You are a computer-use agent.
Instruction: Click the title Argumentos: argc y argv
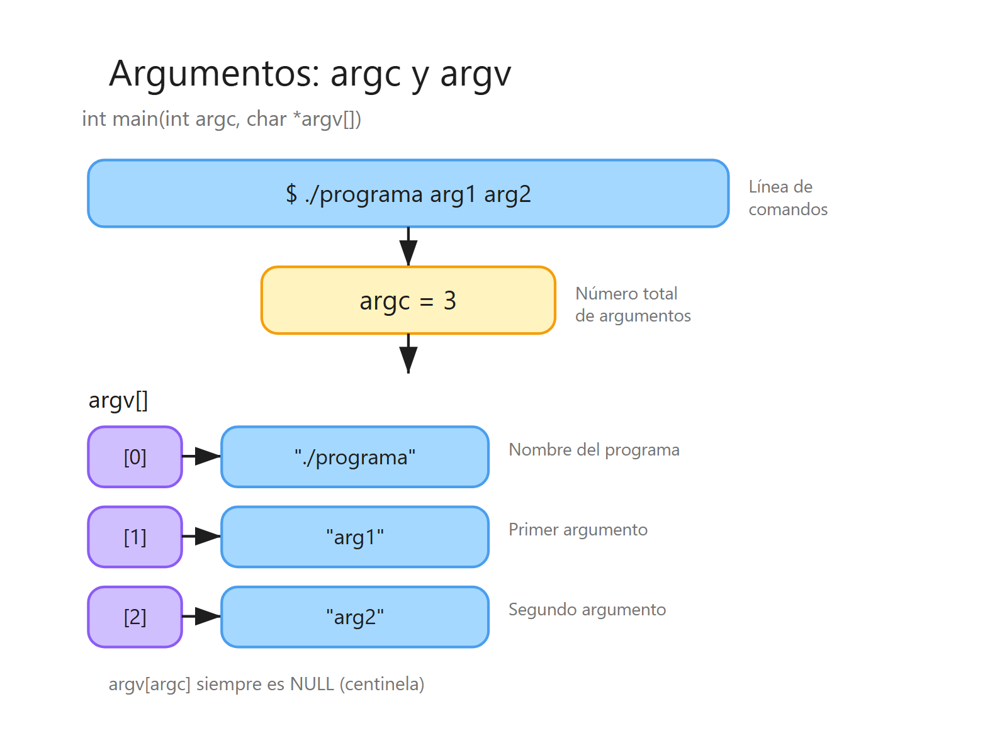click(310, 74)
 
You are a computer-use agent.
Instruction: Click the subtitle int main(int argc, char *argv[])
click(222, 119)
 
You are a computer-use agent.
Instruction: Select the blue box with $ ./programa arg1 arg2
click(408, 194)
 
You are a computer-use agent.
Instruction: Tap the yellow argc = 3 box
click(408, 301)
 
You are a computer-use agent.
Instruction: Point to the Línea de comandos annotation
click(787, 198)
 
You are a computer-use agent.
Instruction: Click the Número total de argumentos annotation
click(633, 305)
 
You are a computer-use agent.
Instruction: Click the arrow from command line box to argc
click(408, 247)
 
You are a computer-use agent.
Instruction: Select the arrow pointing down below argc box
click(408, 354)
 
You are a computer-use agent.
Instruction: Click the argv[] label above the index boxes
click(118, 400)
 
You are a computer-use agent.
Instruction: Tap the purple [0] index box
click(135, 457)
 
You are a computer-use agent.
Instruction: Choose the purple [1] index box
click(135, 537)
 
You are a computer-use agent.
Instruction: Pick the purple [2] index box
click(135, 617)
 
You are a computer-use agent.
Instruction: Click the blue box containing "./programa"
click(355, 457)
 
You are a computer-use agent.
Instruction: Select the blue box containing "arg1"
click(355, 537)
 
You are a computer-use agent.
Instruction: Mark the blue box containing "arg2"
click(355, 617)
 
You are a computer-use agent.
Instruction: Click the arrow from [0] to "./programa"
click(201, 456)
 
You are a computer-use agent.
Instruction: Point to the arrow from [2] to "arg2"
click(201, 616)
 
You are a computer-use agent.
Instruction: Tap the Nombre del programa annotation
click(594, 450)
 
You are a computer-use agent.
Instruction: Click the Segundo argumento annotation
click(587, 610)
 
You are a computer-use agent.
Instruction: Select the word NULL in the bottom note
click(312, 684)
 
